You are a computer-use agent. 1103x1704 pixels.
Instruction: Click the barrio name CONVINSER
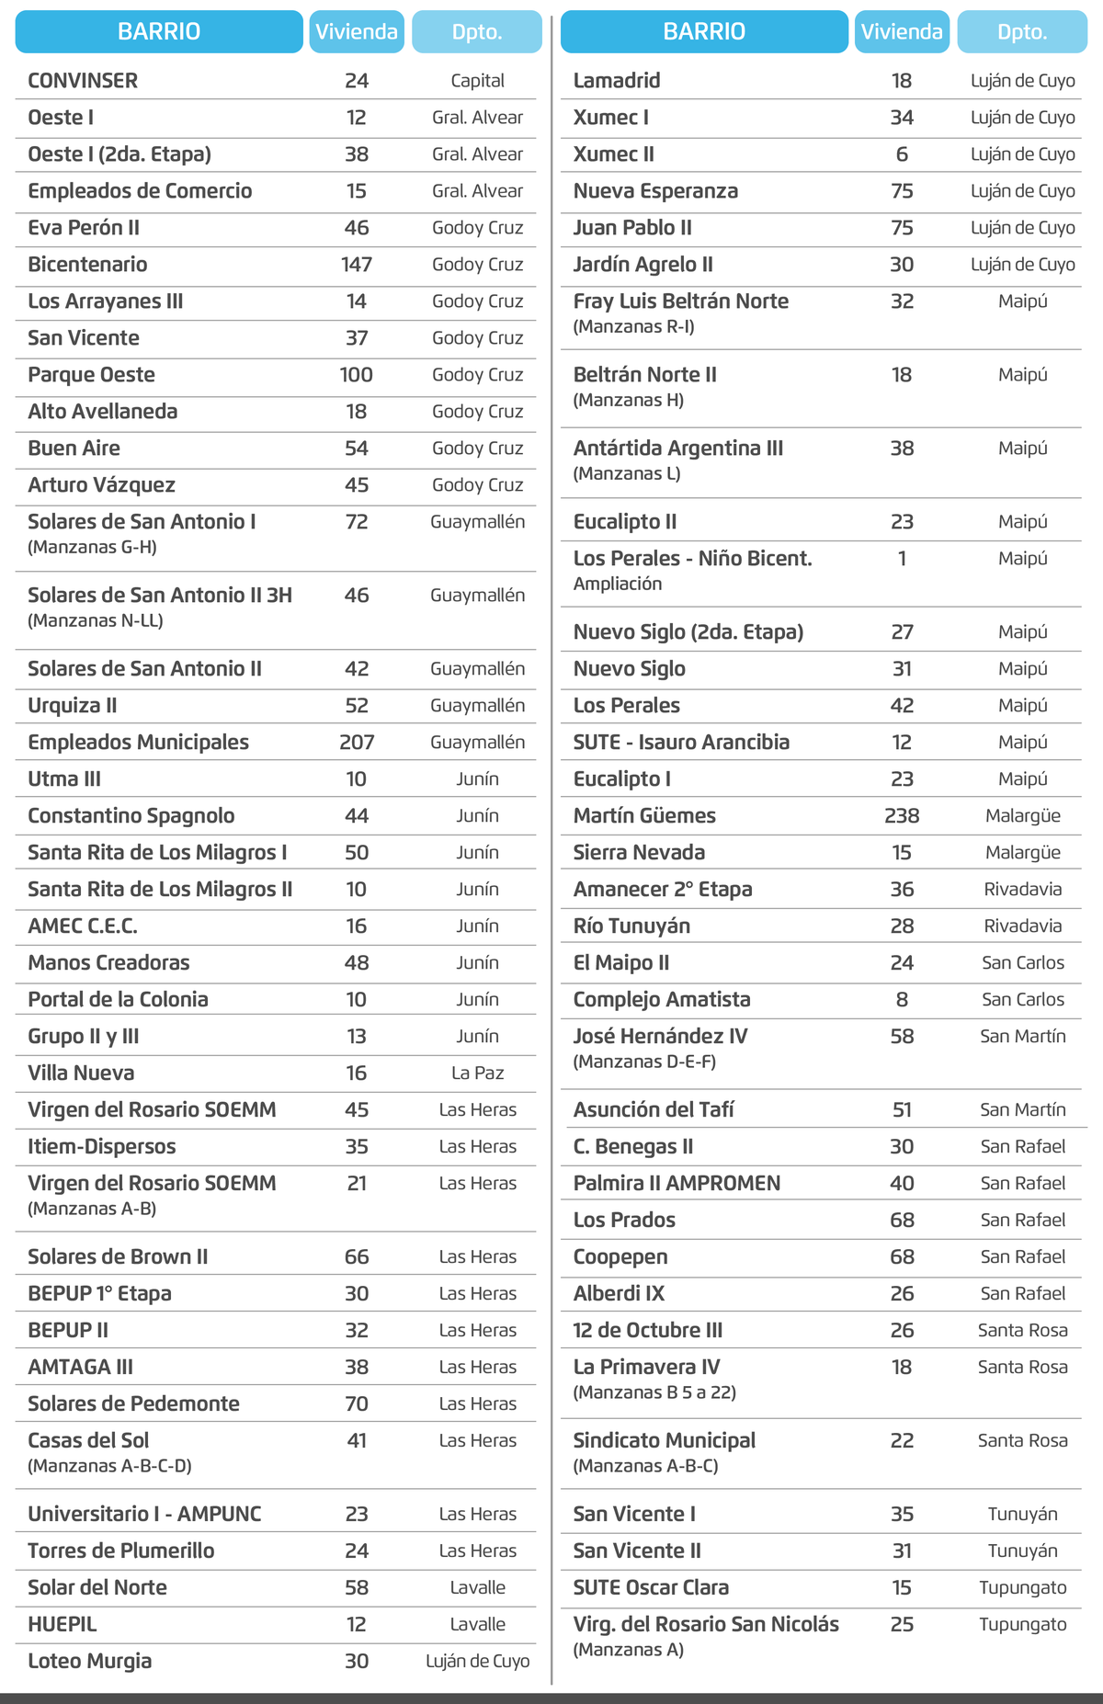point(83,81)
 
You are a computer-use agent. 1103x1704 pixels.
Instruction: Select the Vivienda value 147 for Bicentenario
point(357,265)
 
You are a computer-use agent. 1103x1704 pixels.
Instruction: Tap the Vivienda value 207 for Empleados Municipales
point(357,743)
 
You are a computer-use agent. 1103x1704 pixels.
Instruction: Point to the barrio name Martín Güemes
point(644,816)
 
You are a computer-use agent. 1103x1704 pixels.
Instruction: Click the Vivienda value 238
point(902,816)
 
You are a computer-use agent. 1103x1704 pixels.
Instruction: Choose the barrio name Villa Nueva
point(81,1074)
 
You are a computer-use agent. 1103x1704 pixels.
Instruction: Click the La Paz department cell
point(477,1074)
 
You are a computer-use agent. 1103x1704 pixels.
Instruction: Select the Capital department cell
point(477,81)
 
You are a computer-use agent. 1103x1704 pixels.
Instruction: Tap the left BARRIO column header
point(159,32)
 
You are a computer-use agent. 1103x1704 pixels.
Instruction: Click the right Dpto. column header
point(1022,32)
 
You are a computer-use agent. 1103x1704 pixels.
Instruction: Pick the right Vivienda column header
point(902,32)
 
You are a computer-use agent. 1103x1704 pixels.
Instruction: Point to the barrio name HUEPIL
point(62,1625)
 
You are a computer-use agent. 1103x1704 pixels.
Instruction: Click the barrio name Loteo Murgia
point(90,1662)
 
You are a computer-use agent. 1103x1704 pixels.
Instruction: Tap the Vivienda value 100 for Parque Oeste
point(357,375)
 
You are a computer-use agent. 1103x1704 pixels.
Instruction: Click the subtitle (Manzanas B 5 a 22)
point(654,1392)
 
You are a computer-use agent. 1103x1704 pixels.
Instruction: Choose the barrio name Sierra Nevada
point(639,853)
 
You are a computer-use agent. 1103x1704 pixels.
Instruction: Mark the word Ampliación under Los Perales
point(618,584)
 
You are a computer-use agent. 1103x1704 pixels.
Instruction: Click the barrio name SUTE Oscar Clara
point(651,1588)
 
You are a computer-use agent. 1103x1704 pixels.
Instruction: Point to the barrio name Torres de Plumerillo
point(121,1551)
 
